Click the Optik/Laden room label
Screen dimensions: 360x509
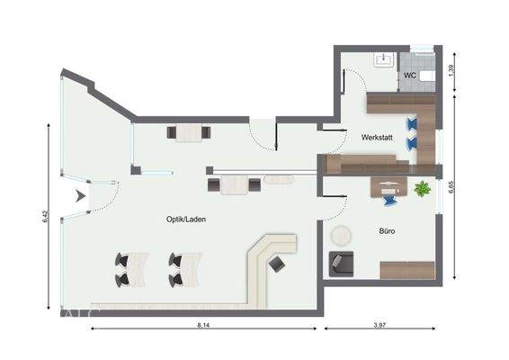184,220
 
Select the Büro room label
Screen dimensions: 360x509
388,231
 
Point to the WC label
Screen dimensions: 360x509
409,76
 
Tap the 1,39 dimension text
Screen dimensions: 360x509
461,68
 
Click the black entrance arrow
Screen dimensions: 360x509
81,194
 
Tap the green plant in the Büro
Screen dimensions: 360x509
421,189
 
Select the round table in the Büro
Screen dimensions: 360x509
341,236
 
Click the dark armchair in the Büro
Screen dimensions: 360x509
342,263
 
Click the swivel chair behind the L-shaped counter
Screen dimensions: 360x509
279,264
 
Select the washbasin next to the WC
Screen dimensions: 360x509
383,60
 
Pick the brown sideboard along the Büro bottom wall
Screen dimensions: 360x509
406,270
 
